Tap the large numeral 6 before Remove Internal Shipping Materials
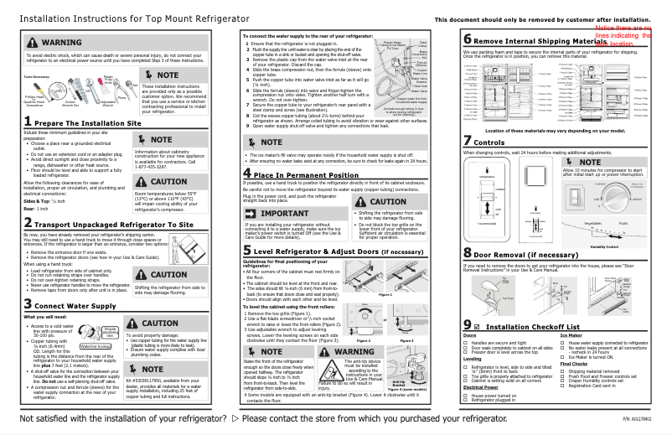468,39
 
